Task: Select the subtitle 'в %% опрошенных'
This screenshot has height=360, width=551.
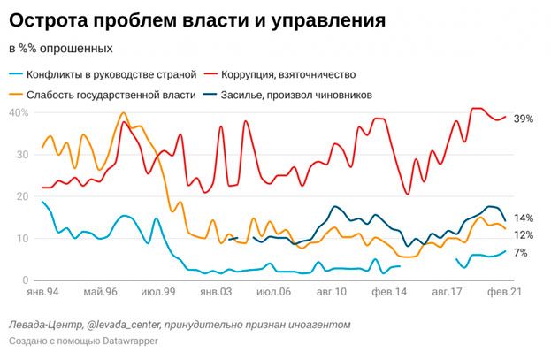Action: pyautogui.click(x=60, y=47)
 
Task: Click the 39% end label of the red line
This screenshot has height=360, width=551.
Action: pyautogui.click(x=524, y=119)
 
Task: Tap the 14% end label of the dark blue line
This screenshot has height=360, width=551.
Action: pyautogui.click(x=524, y=218)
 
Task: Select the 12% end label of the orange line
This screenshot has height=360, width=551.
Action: pyautogui.click(x=524, y=234)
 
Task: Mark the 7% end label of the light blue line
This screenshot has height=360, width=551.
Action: pyautogui.click(x=521, y=253)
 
